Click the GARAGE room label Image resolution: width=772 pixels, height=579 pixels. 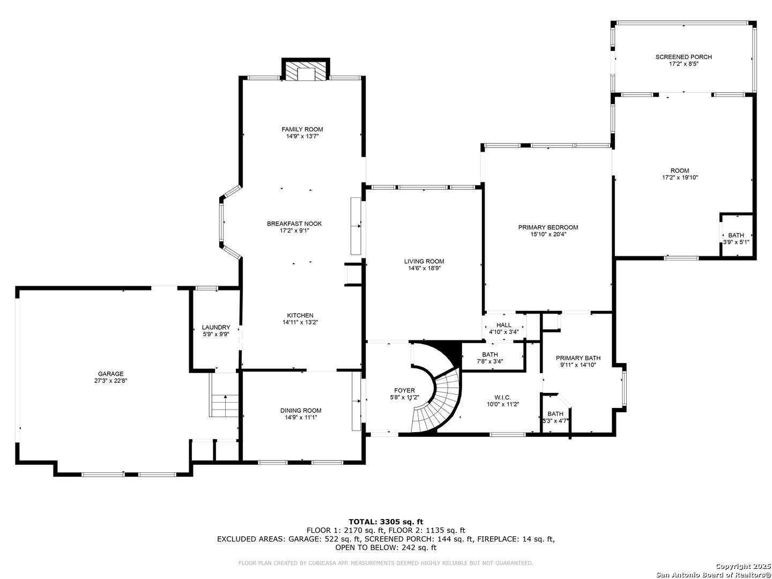(x=110, y=374)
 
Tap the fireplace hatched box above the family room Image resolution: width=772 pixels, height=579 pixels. (x=305, y=71)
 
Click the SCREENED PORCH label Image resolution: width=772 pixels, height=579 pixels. (x=684, y=57)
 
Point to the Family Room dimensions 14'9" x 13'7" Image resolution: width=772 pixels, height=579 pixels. (x=302, y=136)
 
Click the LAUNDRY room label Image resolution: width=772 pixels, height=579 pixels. (x=216, y=327)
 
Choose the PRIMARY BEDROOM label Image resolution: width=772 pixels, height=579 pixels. (x=548, y=227)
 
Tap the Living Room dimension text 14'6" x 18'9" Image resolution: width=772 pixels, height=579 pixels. (x=424, y=268)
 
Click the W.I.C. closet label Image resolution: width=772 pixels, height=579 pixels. (x=502, y=397)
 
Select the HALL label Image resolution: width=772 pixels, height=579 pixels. (x=503, y=325)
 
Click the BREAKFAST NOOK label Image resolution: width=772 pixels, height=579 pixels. (x=294, y=224)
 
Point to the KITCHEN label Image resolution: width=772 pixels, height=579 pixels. (x=300, y=315)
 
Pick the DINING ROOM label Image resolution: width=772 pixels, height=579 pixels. (x=301, y=410)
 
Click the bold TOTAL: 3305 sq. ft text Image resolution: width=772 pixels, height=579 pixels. (x=386, y=521)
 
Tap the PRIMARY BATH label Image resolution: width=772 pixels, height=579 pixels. (x=578, y=358)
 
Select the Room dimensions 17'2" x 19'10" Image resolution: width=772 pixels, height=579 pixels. (x=680, y=177)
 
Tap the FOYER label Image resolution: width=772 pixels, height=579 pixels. (x=404, y=390)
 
